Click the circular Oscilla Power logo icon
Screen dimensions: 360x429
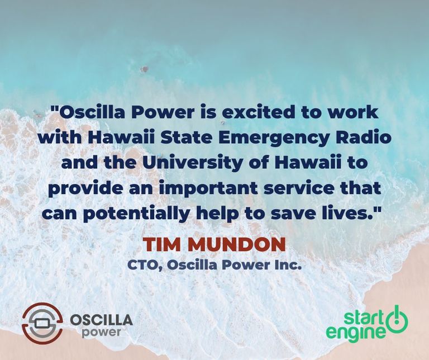pyautogui.click(x=42, y=323)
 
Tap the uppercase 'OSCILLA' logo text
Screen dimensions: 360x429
pyautogui.click(x=101, y=320)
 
